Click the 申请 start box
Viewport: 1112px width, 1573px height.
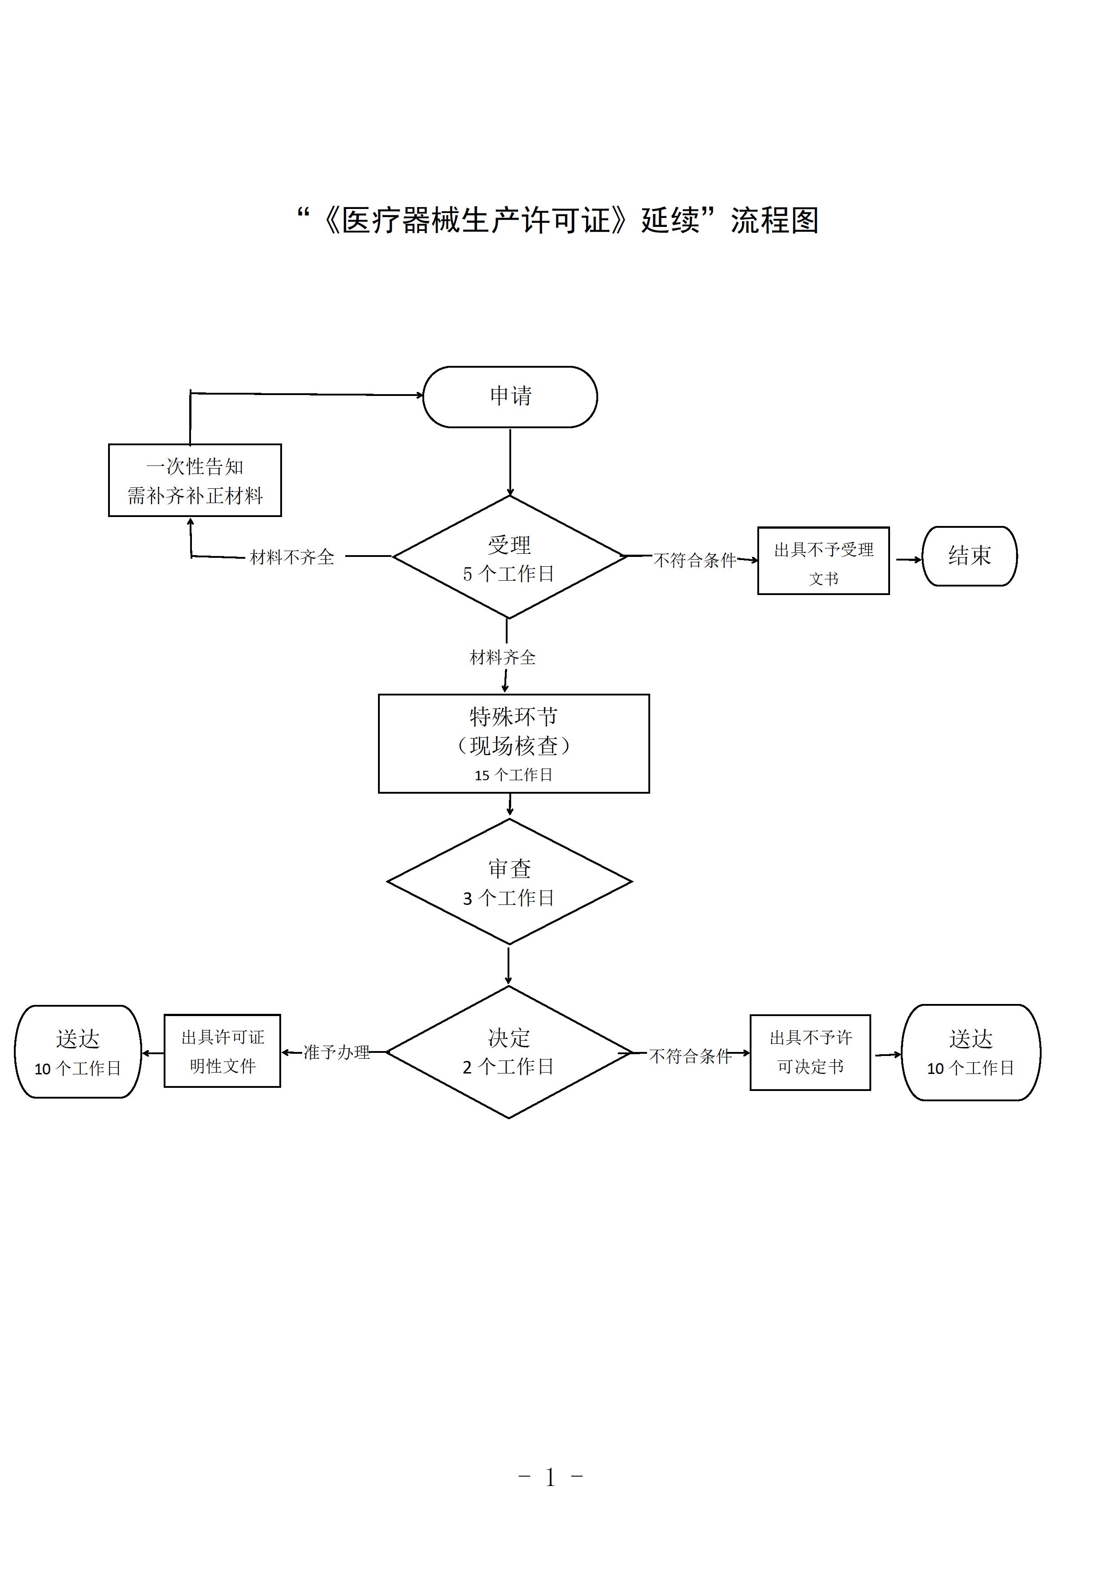point(510,397)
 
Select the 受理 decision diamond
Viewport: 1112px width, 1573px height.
point(509,557)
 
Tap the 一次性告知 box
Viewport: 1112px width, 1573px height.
point(195,480)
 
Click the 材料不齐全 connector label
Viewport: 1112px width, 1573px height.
point(292,557)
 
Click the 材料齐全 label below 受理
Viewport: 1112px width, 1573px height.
point(502,658)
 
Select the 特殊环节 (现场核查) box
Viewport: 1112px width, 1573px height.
point(514,743)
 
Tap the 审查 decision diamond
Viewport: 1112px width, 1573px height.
point(509,882)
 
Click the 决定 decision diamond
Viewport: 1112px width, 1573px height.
point(509,1052)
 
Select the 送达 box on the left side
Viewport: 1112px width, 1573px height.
point(78,1052)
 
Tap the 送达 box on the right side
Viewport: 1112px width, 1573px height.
point(970,1052)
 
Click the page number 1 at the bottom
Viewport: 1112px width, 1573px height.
point(550,1478)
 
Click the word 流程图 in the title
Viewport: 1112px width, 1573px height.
point(775,221)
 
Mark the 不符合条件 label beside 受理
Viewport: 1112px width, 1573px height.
point(695,561)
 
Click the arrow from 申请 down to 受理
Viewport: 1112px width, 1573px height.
point(510,462)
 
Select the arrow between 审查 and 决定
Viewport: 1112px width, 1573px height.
point(508,965)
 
